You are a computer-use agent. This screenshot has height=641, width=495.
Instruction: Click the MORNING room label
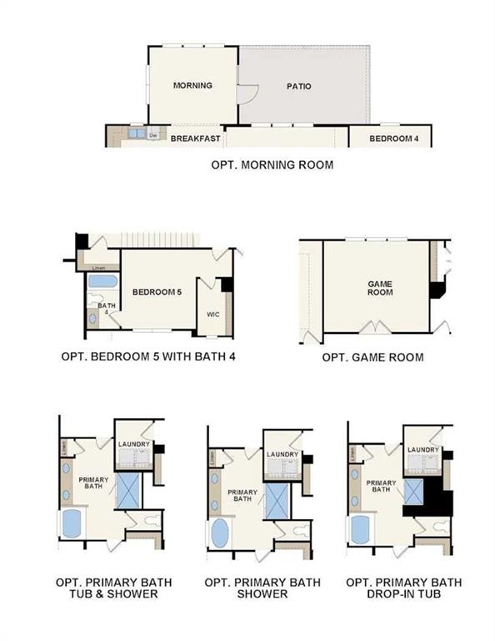pyautogui.click(x=192, y=85)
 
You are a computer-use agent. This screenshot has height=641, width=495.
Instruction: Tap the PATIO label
pyautogui.click(x=299, y=86)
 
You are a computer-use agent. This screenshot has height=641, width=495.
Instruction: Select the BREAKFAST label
pyautogui.click(x=195, y=139)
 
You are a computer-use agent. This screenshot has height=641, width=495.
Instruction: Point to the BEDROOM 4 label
pyautogui.click(x=393, y=139)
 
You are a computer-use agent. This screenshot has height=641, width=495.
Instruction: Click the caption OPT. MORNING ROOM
pyautogui.click(x=272, y=165)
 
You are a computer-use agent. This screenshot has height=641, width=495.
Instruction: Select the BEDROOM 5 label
pyautogui.click(x=157, y=291)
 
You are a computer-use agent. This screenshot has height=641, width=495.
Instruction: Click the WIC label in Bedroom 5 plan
pyautogui.click(x=212, y=315)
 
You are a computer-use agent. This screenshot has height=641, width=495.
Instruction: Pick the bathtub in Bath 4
pyautogui.click(x=102, y=281)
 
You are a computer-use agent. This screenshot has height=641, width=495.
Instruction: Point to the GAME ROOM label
pyautogui.click(x=380, y=288)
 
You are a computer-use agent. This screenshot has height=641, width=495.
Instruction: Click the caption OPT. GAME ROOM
pyautogui.click(x=372, y=357)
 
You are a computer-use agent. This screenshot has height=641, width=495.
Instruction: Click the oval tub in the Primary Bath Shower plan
pyautogui.click(x=220, y=533)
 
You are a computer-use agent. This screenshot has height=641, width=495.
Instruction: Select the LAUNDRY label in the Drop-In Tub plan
pyautogui.click(x=423, y=450)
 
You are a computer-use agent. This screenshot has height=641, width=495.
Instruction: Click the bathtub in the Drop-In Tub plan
pyautogui.click(x=362, y=528)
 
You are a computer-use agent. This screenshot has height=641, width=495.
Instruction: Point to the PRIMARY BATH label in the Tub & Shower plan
pyautogui.click(x=93, y=484)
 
